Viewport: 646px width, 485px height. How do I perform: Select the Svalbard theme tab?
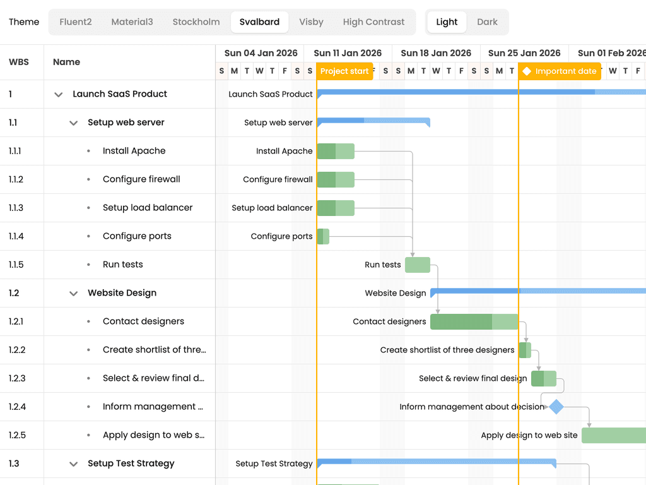(x=259, y=22)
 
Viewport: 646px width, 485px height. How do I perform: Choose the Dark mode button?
(x=487, y=22)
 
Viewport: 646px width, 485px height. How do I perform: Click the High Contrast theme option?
(x=373, y=22)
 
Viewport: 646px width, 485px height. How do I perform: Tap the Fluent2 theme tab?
(x=76, y=22)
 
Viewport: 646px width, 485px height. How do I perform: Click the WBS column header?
(x=19, y=62)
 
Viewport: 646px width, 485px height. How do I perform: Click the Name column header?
(x=67, y=62)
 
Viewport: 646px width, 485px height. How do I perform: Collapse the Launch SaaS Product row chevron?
(x=59, y=95)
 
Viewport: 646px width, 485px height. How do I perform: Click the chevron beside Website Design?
(x=73, y=293)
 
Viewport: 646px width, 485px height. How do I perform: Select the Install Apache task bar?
(x=336, y=151)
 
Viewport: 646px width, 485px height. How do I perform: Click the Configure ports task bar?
(x=323, y=236)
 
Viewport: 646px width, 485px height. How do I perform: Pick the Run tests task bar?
(x=418, y=265)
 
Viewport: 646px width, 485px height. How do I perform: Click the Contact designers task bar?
(x=474, y=321)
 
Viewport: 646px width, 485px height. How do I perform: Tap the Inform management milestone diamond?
(x=556, y=407)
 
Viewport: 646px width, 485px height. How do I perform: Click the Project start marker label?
(x=344, y=71)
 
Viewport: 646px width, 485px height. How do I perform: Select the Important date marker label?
(x=560, y=71)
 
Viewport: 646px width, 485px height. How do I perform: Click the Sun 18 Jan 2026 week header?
(x=436, y=53)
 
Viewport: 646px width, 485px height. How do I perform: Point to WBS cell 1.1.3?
(x=16, y=208)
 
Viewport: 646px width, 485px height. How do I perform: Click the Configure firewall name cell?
(x=141, y=179)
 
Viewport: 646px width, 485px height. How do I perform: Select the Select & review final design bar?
(x=544, y=379)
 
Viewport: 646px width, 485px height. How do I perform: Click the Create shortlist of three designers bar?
(x=525, y=350)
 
